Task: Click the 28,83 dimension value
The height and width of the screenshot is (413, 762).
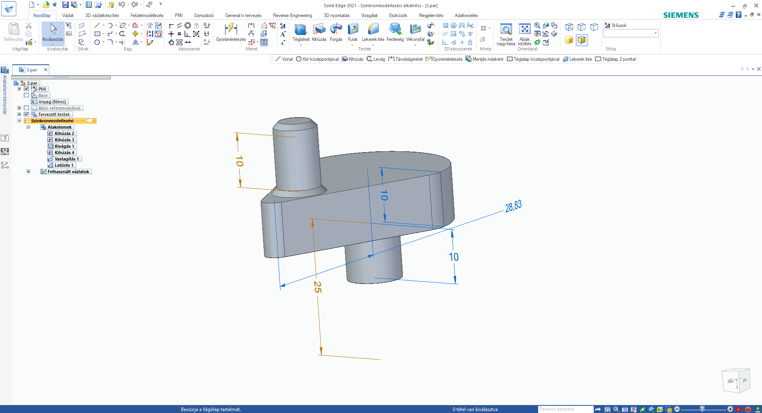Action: point(513,206)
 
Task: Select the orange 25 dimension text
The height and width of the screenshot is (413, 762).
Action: point(317,287)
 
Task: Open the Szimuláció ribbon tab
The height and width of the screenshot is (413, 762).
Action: point(204,15)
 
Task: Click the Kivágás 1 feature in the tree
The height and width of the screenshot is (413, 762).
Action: point(64,146)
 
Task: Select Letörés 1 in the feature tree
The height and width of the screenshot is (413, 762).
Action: point(63,165)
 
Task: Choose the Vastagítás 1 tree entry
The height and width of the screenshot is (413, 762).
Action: point(66,159)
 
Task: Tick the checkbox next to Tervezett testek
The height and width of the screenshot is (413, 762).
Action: point(27,114)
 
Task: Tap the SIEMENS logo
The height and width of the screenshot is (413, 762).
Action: point(681,15)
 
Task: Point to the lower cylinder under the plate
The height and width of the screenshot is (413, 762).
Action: point(373,262)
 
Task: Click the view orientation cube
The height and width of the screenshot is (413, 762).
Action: point(735,381)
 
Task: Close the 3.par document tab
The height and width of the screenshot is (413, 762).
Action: point(46,70)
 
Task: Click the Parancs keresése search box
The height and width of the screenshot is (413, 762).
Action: point(565,409)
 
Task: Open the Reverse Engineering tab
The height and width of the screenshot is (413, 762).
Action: point(292,15)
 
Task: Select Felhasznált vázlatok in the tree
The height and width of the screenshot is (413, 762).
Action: point(68,172)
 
